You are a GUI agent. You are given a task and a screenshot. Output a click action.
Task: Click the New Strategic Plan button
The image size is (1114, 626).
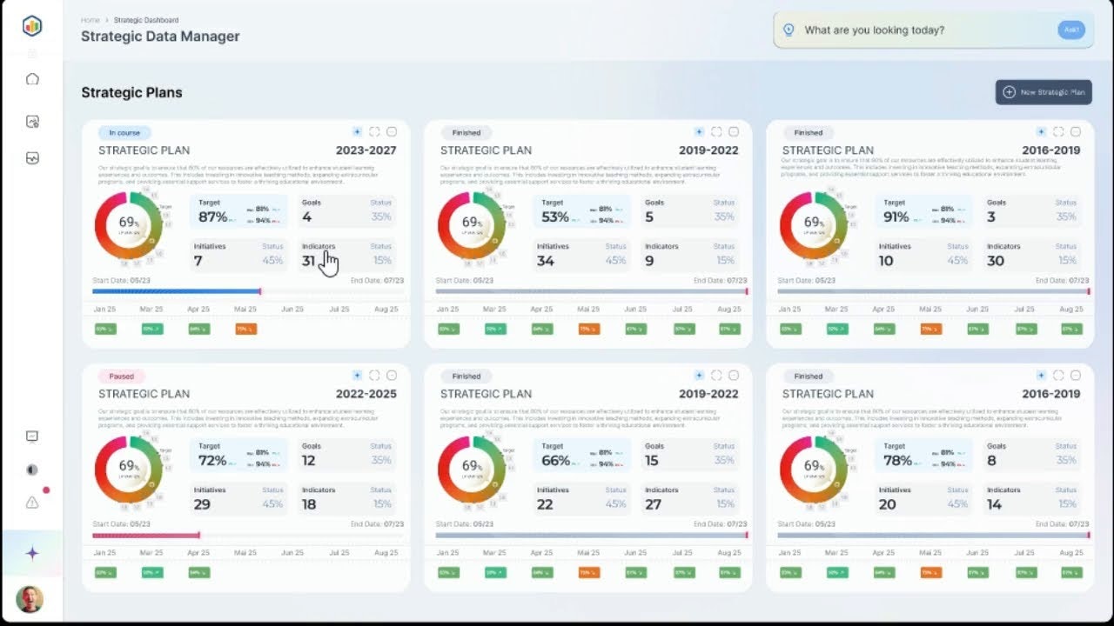coord(1044,92)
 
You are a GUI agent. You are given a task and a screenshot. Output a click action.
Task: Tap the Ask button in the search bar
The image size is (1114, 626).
coord(1071,30)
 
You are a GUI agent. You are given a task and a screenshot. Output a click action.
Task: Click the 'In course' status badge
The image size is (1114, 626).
coord(124,133)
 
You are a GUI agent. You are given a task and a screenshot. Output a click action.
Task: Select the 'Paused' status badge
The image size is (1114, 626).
coord(122,376)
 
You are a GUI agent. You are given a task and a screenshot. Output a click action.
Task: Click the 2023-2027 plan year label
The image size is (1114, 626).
coord(366,150)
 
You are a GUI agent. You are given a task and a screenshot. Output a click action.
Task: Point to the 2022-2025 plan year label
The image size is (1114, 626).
coord(366,394)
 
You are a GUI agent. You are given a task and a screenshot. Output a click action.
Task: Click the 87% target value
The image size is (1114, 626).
coord(213,216)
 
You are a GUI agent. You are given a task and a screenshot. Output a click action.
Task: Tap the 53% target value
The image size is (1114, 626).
coord(555,216)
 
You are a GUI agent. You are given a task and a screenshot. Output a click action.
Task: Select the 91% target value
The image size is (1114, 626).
coord(897,216)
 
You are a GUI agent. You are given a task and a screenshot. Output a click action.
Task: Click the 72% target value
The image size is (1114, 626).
coord(213,460)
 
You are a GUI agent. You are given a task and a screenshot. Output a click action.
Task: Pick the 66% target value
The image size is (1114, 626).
coord(556,460)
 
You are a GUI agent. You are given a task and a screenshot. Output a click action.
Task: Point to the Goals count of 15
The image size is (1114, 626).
coord(652,461)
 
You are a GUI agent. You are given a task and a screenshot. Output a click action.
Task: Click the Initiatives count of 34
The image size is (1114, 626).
coord(546,261)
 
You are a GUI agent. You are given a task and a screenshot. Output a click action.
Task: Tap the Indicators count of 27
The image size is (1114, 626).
coord(654,504)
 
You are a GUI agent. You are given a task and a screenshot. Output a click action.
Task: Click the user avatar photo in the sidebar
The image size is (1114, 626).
coord(30,599)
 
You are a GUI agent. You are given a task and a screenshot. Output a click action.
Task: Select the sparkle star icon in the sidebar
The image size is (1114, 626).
coord(32,553)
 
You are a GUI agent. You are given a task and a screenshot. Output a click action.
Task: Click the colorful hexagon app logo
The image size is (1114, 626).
coord(32,26)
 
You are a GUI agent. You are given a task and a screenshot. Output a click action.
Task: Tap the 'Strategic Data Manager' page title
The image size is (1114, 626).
coord(160,37)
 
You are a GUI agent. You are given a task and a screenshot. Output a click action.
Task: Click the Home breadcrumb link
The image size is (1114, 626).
coord(90,19)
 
